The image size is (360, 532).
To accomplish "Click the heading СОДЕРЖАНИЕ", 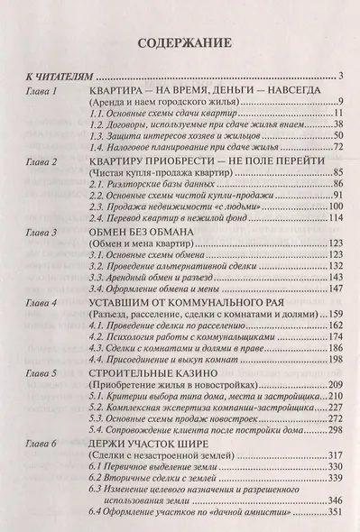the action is click(180, 42).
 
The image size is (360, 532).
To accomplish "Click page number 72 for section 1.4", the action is click(340, 146).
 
